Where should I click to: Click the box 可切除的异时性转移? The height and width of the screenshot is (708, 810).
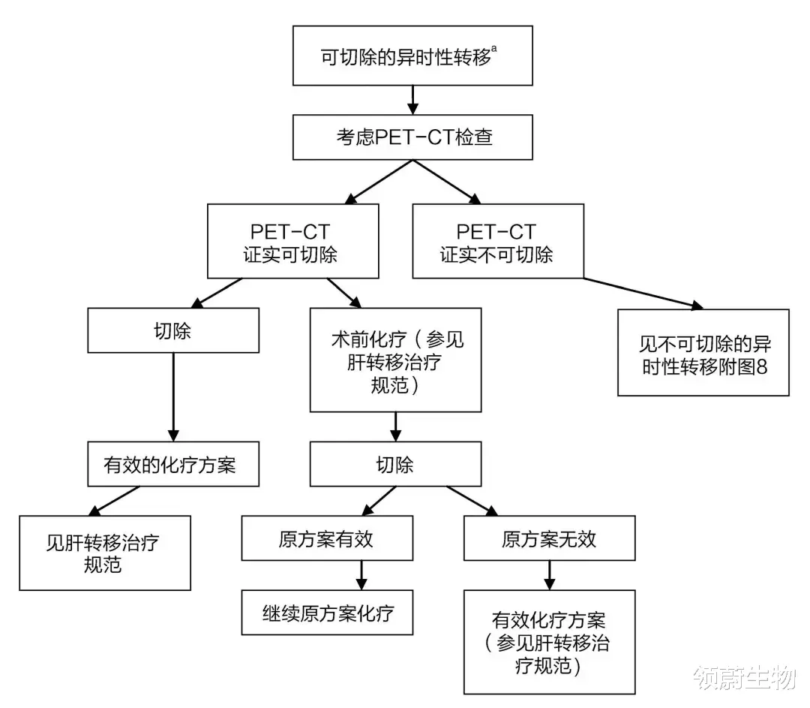coord(412,56)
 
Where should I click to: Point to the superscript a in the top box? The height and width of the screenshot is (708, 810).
coord(494,49)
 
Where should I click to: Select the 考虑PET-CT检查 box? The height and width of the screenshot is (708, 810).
coord(412,137)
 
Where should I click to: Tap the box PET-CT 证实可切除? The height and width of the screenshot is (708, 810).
coord(293,241)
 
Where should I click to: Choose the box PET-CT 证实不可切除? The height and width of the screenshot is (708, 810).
coord(498,241)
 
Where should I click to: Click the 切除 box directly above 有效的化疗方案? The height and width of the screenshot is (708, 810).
coord(173,330)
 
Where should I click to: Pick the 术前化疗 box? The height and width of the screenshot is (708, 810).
coord(395,360)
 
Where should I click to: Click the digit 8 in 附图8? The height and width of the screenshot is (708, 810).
coord(761,366)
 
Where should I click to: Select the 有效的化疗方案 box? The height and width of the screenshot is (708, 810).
coord(173,464)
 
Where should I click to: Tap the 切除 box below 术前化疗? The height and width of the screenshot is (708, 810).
coord(395,464)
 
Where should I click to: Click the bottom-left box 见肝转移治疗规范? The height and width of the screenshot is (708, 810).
coord(105,553)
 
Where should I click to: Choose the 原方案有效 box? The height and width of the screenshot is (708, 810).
coord(327,538)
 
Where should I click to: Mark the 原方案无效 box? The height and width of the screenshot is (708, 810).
coord(549,538)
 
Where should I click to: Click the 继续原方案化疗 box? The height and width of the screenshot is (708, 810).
coord(327,613)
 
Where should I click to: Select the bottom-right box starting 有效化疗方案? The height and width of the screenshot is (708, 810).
coord(549,642)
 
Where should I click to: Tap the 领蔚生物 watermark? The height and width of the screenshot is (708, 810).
coord(745,677)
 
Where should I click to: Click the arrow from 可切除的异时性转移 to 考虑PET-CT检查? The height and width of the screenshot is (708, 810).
coord(412,101)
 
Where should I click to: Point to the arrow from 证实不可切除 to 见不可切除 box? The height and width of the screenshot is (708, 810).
coord(643,294)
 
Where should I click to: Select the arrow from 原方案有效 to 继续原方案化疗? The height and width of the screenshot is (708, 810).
coord(361,575)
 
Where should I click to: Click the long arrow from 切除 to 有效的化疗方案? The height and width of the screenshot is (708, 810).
coord(173,397)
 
